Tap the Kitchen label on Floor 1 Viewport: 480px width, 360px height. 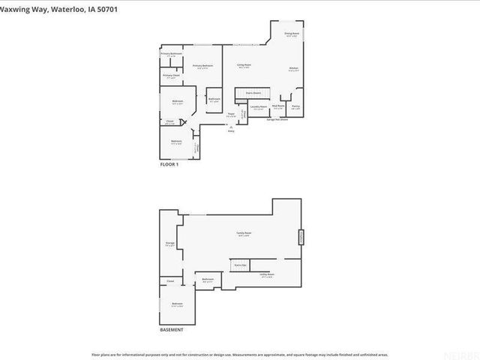tap(294, 70)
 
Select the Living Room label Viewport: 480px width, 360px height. tap(244, 66)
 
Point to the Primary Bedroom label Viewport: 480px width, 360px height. tap(202, 66)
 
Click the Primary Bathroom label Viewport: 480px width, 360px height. tap(171, 54)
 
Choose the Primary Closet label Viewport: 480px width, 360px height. tap(171, 76)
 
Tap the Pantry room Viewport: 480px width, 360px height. tap(295, 106)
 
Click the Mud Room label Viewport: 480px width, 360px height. tap(277, 106)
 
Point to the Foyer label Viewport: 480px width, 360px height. tap(232, 115)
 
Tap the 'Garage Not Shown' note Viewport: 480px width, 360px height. tap(277, 119)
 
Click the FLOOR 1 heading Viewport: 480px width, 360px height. tap(169, 163)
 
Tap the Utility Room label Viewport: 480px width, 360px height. tap(267, 275)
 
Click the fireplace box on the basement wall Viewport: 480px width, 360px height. tap(301, 236)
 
